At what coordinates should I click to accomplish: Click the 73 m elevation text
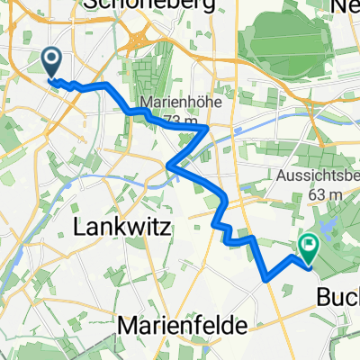tap(175, 120)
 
